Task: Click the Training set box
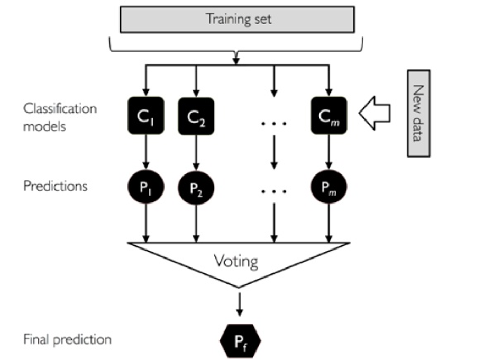(x=239, y=20)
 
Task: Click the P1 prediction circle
(x=145, y=188)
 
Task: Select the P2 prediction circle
(x=196, y=188)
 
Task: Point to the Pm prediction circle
(x=328, y=188)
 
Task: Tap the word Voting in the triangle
(x=236, y=260)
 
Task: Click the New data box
(x=418, y=114)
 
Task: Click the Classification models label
(x=60, y=117)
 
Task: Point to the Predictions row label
(x=56, y=186)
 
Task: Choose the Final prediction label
(x=67, y=339)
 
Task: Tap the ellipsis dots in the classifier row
(x=273, y=123)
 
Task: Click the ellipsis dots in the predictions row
(x=273, y=191)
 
